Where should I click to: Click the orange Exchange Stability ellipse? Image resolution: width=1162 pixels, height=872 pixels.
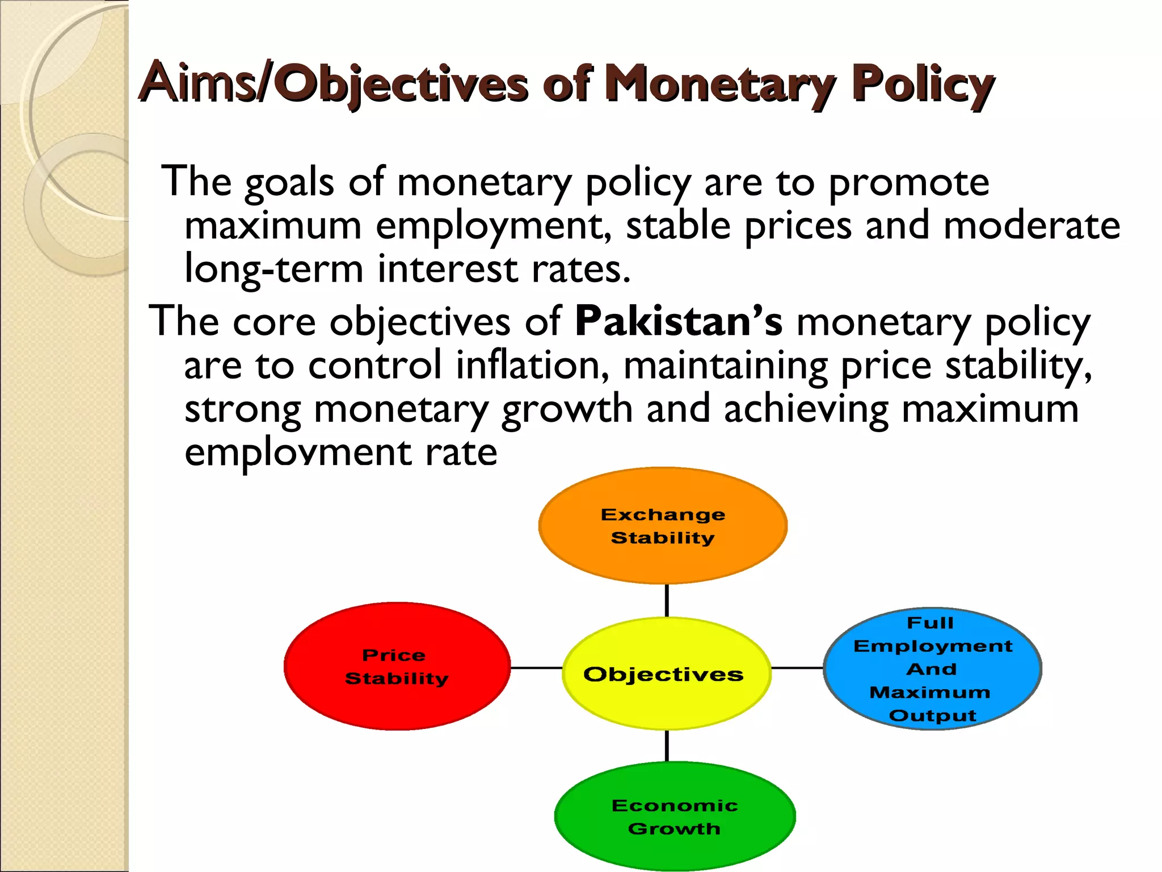[x=663, y=526]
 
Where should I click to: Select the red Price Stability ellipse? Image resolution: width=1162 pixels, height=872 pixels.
[x=397, y=666]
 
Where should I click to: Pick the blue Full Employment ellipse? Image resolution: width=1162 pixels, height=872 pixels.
[x=933, y=669]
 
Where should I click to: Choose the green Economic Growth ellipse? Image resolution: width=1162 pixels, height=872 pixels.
[x=675, y=816]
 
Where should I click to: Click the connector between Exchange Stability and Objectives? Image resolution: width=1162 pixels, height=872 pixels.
[x=666, y=601]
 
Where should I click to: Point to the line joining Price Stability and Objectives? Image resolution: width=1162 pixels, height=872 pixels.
[x=536, y=668]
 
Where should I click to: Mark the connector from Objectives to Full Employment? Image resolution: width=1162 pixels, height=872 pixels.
[x=797, y=668]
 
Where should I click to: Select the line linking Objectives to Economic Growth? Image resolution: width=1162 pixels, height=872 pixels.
[x=666, y=746]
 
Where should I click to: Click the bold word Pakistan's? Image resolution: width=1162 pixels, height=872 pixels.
[x=679, y=321]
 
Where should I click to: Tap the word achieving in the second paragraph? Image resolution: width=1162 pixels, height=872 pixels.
[x=806, y=409]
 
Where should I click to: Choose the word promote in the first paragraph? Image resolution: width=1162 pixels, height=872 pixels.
[x=909, y=183]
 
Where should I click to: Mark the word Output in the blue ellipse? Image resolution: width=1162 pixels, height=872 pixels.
[x=933, y=715]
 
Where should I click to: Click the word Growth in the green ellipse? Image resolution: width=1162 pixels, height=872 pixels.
[x=674, y=828]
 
